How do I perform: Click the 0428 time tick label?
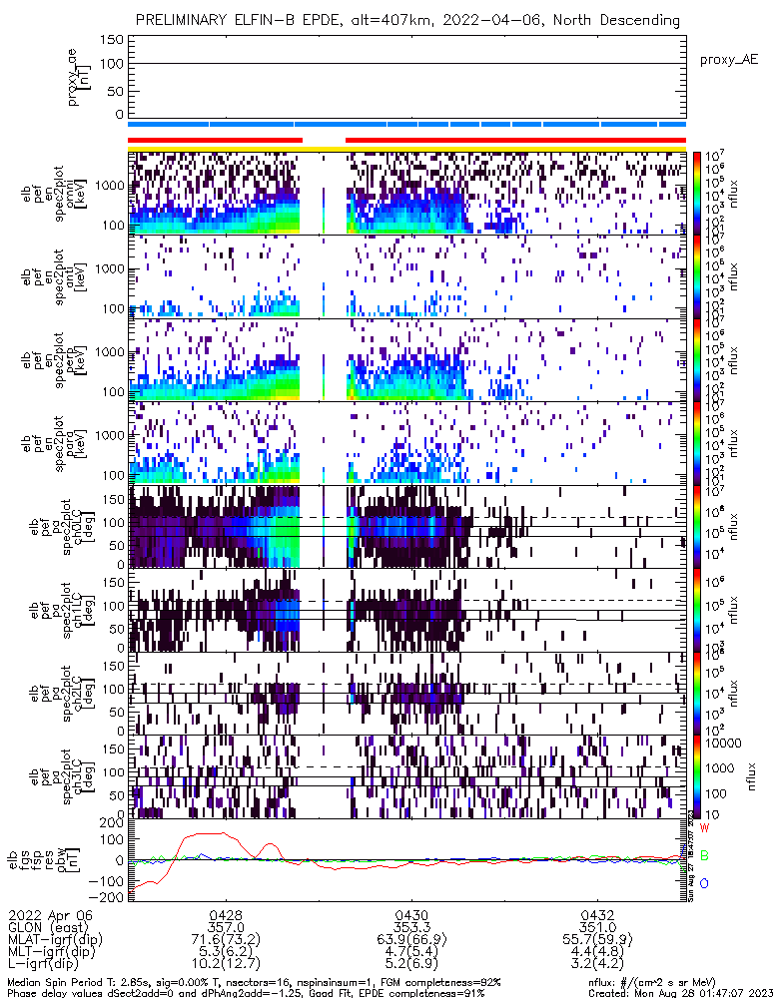click(226, 914)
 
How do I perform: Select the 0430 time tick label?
click(411, 914)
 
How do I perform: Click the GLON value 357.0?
click(226, 927)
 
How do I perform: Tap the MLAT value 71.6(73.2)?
click(226, 940)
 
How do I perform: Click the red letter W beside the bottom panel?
click(704, 828)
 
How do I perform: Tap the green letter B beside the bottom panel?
click(704, 855)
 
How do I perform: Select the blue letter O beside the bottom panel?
click(704, 883)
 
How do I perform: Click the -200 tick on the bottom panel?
click(109, 897)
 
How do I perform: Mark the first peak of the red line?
click(205, 833)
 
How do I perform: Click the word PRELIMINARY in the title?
click(184, 20)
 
